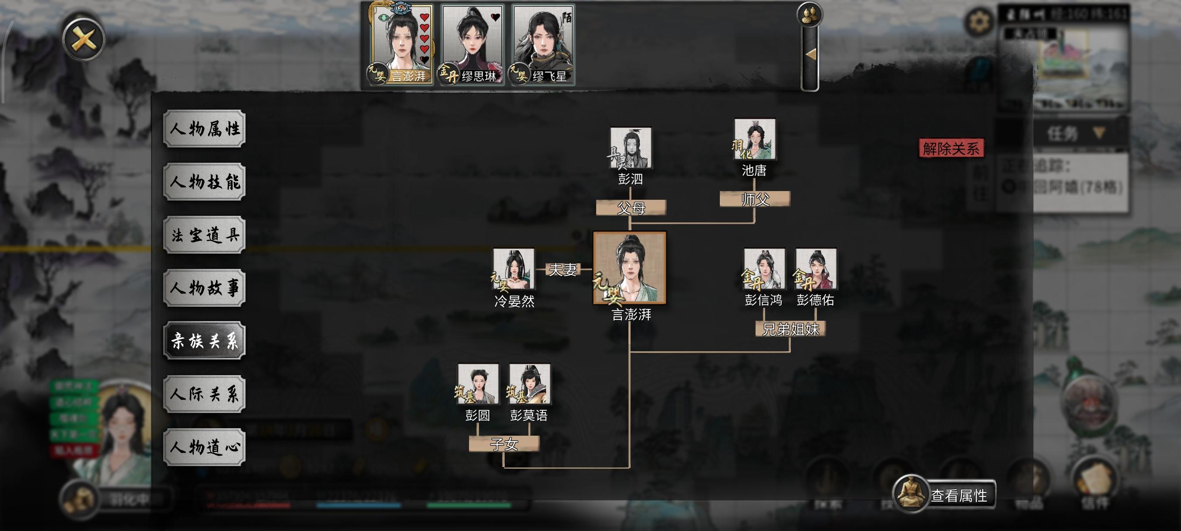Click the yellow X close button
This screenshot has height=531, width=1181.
click(84, 39)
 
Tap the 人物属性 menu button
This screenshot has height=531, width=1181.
click(205, 129)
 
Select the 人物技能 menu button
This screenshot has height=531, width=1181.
click(205, 182)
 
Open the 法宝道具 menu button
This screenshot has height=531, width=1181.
click(205, 235)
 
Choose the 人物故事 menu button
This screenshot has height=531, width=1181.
click(205, 288)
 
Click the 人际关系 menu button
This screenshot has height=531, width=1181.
click(205, 394)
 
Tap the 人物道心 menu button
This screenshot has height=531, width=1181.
click(205, 447)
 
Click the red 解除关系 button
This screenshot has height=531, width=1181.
click(951, 148)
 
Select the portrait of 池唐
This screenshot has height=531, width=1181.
click(755, 139)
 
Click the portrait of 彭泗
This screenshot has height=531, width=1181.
click(631, 148)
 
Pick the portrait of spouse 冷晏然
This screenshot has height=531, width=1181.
click(513, 269)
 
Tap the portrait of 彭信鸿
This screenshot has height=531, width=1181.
click(764, 269)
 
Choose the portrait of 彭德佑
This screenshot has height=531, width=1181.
click(816, 269)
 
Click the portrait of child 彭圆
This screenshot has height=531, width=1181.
click(478, 384)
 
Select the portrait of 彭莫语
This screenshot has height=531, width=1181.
click(530, 384)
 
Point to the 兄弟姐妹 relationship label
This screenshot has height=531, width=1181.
click(790, 329)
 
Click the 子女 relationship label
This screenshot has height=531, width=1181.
click(504, 444)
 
